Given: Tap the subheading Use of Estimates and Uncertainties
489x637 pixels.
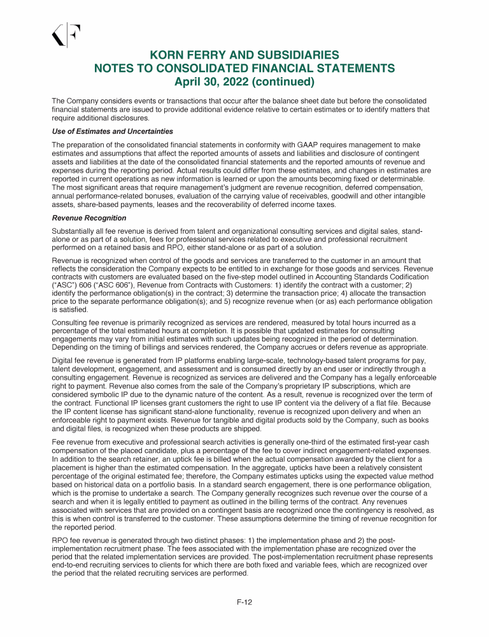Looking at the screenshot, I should click(112, 131).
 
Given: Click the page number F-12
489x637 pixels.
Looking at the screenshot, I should click(244, 603).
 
